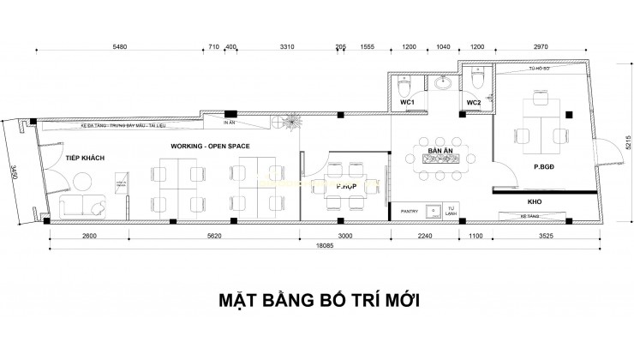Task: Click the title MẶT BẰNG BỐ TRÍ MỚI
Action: (x=317, y=303)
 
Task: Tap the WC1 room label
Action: (x=408, y=103)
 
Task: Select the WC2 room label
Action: (x=474, y=103)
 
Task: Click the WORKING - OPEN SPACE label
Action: (x=210, y=147)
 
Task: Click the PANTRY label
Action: (x=410, y=209)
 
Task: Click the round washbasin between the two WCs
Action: (x=443, y=84)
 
